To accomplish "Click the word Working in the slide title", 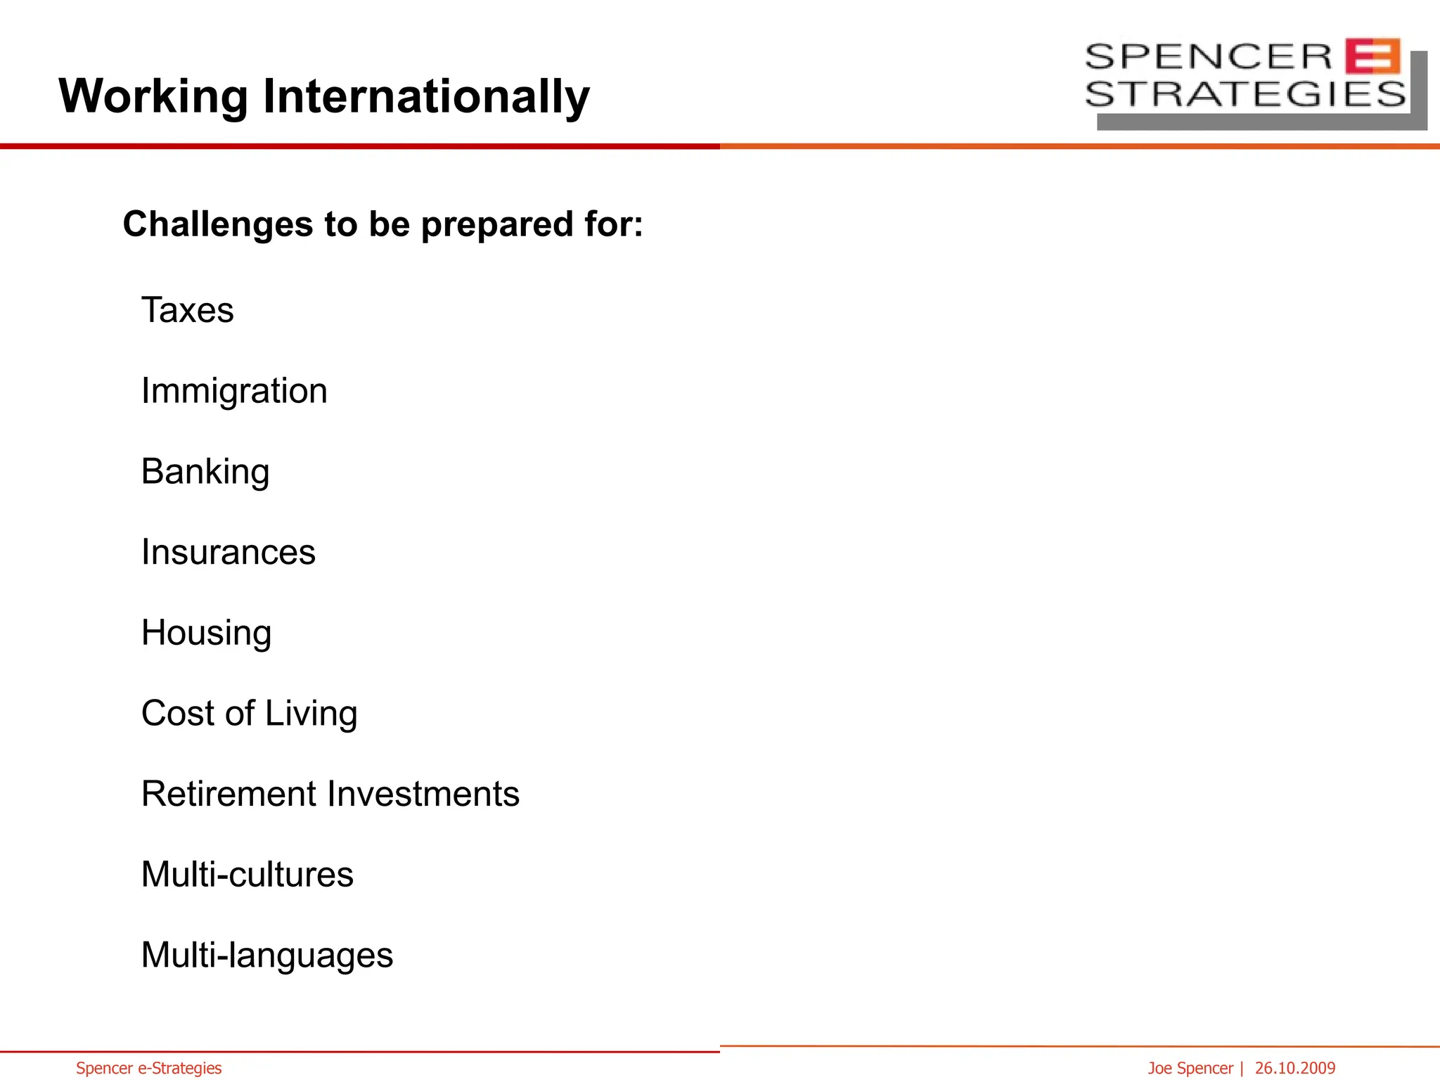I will coord(153,96).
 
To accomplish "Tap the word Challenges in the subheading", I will coord(218,224).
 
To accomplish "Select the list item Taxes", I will coord(187,310).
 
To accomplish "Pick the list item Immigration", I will coord(234,391).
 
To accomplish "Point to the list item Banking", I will coord(205,472).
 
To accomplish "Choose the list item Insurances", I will coord(229,552).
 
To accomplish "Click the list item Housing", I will coord(206,633).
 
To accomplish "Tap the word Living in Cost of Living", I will coord(311,714).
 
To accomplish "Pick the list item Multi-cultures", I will coord(247,875).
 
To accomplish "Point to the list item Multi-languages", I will coord(267,956).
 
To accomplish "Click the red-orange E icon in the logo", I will coord(1372,56).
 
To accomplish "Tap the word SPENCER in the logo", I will coord(1208,56).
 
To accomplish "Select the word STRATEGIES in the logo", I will coord(1245,94).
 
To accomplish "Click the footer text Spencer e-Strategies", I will coord(148,1068).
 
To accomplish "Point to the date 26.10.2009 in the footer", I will coord(1294,1068).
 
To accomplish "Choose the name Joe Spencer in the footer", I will coord(1190,1068).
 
